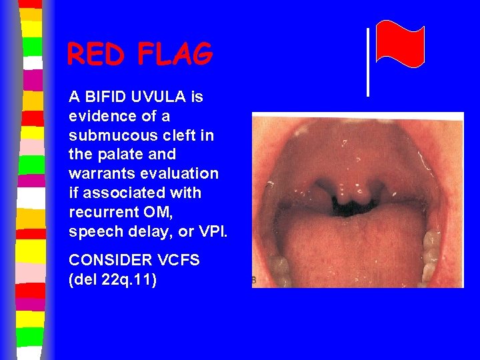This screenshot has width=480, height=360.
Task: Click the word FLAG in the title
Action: pyautogui.click(x=175, y=55)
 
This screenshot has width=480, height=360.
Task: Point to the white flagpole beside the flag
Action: pyautogui.click(x=367, y=62)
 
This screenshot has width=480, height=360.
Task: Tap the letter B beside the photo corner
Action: pyautogui.click(x=253, y=281)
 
